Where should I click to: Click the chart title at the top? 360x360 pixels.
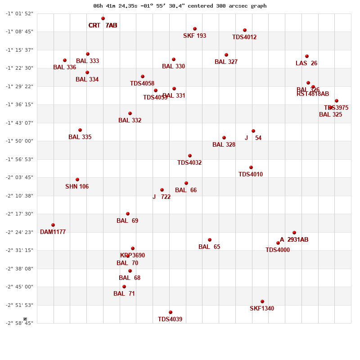[x=180, y=6]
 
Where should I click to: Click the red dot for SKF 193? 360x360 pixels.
[x=195, y=29]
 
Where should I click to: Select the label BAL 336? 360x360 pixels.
[x=64, y=67]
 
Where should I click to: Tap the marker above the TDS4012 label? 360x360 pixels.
[x=245, y=30]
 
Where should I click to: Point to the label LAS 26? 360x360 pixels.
[x=306, y=63]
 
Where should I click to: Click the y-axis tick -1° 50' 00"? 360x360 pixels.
[x=19, y=141]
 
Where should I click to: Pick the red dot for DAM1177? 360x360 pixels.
[x=53, y=225]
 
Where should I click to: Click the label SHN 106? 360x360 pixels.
[x=77, y=187]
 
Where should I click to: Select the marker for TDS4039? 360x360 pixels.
[x=171, y=312]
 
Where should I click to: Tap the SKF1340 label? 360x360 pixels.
[x=262, y=309]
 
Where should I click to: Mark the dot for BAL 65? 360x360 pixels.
[x=210, y=240]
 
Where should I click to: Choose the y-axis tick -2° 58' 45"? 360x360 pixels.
[x=19, y=323]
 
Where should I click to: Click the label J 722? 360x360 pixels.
[x=162, y=197]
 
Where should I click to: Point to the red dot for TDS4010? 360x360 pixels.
[x=251, y=167]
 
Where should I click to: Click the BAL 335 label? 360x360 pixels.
[x=80, y=137]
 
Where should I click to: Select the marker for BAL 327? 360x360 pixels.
[x=226, y=55]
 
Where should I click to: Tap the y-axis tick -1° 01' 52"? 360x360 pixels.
[x=19, y=13]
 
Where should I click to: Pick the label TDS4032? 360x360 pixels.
[x=189, y=163]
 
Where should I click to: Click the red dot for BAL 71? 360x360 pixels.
[x=124, y=287]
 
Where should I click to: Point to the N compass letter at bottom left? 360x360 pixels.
[x=25, y=319]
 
